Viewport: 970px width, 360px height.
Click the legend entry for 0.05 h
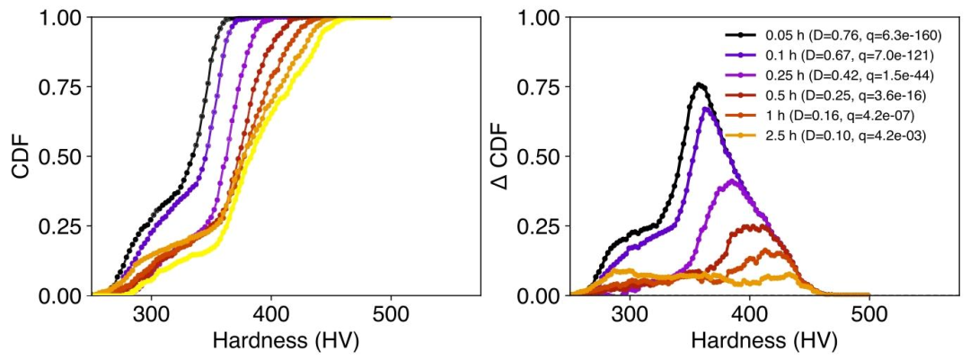click(832, 38)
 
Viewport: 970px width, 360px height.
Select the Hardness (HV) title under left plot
click(286, 342)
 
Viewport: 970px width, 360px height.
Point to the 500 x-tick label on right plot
click(869, 315)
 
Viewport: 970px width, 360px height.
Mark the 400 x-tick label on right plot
click(750, 315)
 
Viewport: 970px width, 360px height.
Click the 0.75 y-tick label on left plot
click(62, 88)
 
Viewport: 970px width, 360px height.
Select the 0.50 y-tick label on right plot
click(539, 157)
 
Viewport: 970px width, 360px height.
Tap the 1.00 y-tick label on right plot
click(539, 19)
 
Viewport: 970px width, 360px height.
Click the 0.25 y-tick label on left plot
click(62, 227)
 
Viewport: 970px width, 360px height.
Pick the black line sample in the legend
click(738, 38)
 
